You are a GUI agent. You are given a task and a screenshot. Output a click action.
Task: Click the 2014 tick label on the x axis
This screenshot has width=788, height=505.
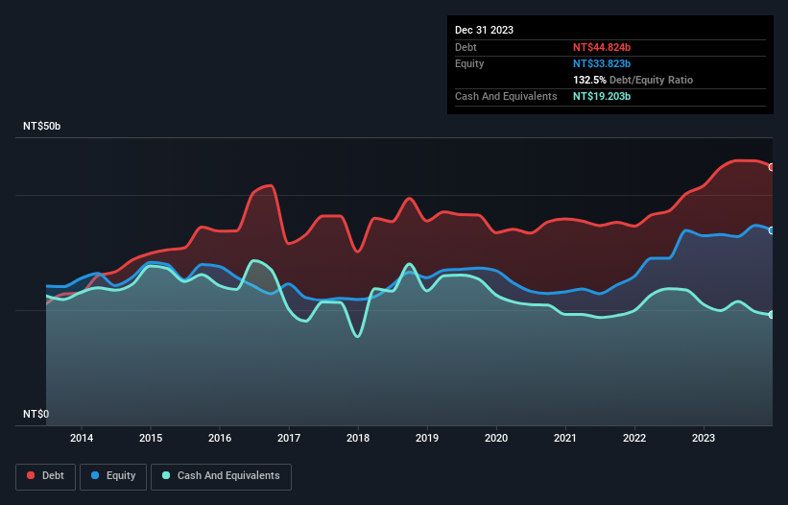(82, 438)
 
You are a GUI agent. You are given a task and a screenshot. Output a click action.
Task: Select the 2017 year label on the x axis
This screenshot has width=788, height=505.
(289, 438)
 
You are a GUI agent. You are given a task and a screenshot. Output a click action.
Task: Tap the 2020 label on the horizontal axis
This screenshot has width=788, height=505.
(496, 438)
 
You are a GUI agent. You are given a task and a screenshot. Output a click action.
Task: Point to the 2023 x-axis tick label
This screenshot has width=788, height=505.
(704, 438)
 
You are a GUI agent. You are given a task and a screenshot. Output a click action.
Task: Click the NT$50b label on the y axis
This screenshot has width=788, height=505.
(42, 127)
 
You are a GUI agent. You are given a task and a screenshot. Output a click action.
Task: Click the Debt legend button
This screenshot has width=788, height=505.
(45, 475)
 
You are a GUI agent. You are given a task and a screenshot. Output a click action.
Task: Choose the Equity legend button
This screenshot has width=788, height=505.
(114, 475)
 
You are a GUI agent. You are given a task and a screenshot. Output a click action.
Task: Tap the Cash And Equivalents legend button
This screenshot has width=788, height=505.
(221, 475)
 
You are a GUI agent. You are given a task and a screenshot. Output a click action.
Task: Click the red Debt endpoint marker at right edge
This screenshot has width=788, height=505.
(772, 167)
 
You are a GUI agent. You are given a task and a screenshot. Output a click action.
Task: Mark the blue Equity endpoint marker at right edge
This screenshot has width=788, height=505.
(772, 230)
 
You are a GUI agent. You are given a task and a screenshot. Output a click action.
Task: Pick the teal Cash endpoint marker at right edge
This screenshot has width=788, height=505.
(772, 315)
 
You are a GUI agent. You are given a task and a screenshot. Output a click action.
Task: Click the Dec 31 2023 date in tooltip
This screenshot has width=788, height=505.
(485, 30)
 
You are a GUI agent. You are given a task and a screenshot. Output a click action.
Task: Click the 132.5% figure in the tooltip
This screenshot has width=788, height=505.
(590, 80)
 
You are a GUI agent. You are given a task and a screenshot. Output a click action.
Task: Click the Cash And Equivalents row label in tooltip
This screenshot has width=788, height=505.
(506, 96)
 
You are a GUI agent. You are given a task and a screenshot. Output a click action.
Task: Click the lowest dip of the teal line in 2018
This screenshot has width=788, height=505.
(358, 336)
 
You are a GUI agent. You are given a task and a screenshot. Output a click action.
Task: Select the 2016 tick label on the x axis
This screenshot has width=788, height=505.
(220, 438)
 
